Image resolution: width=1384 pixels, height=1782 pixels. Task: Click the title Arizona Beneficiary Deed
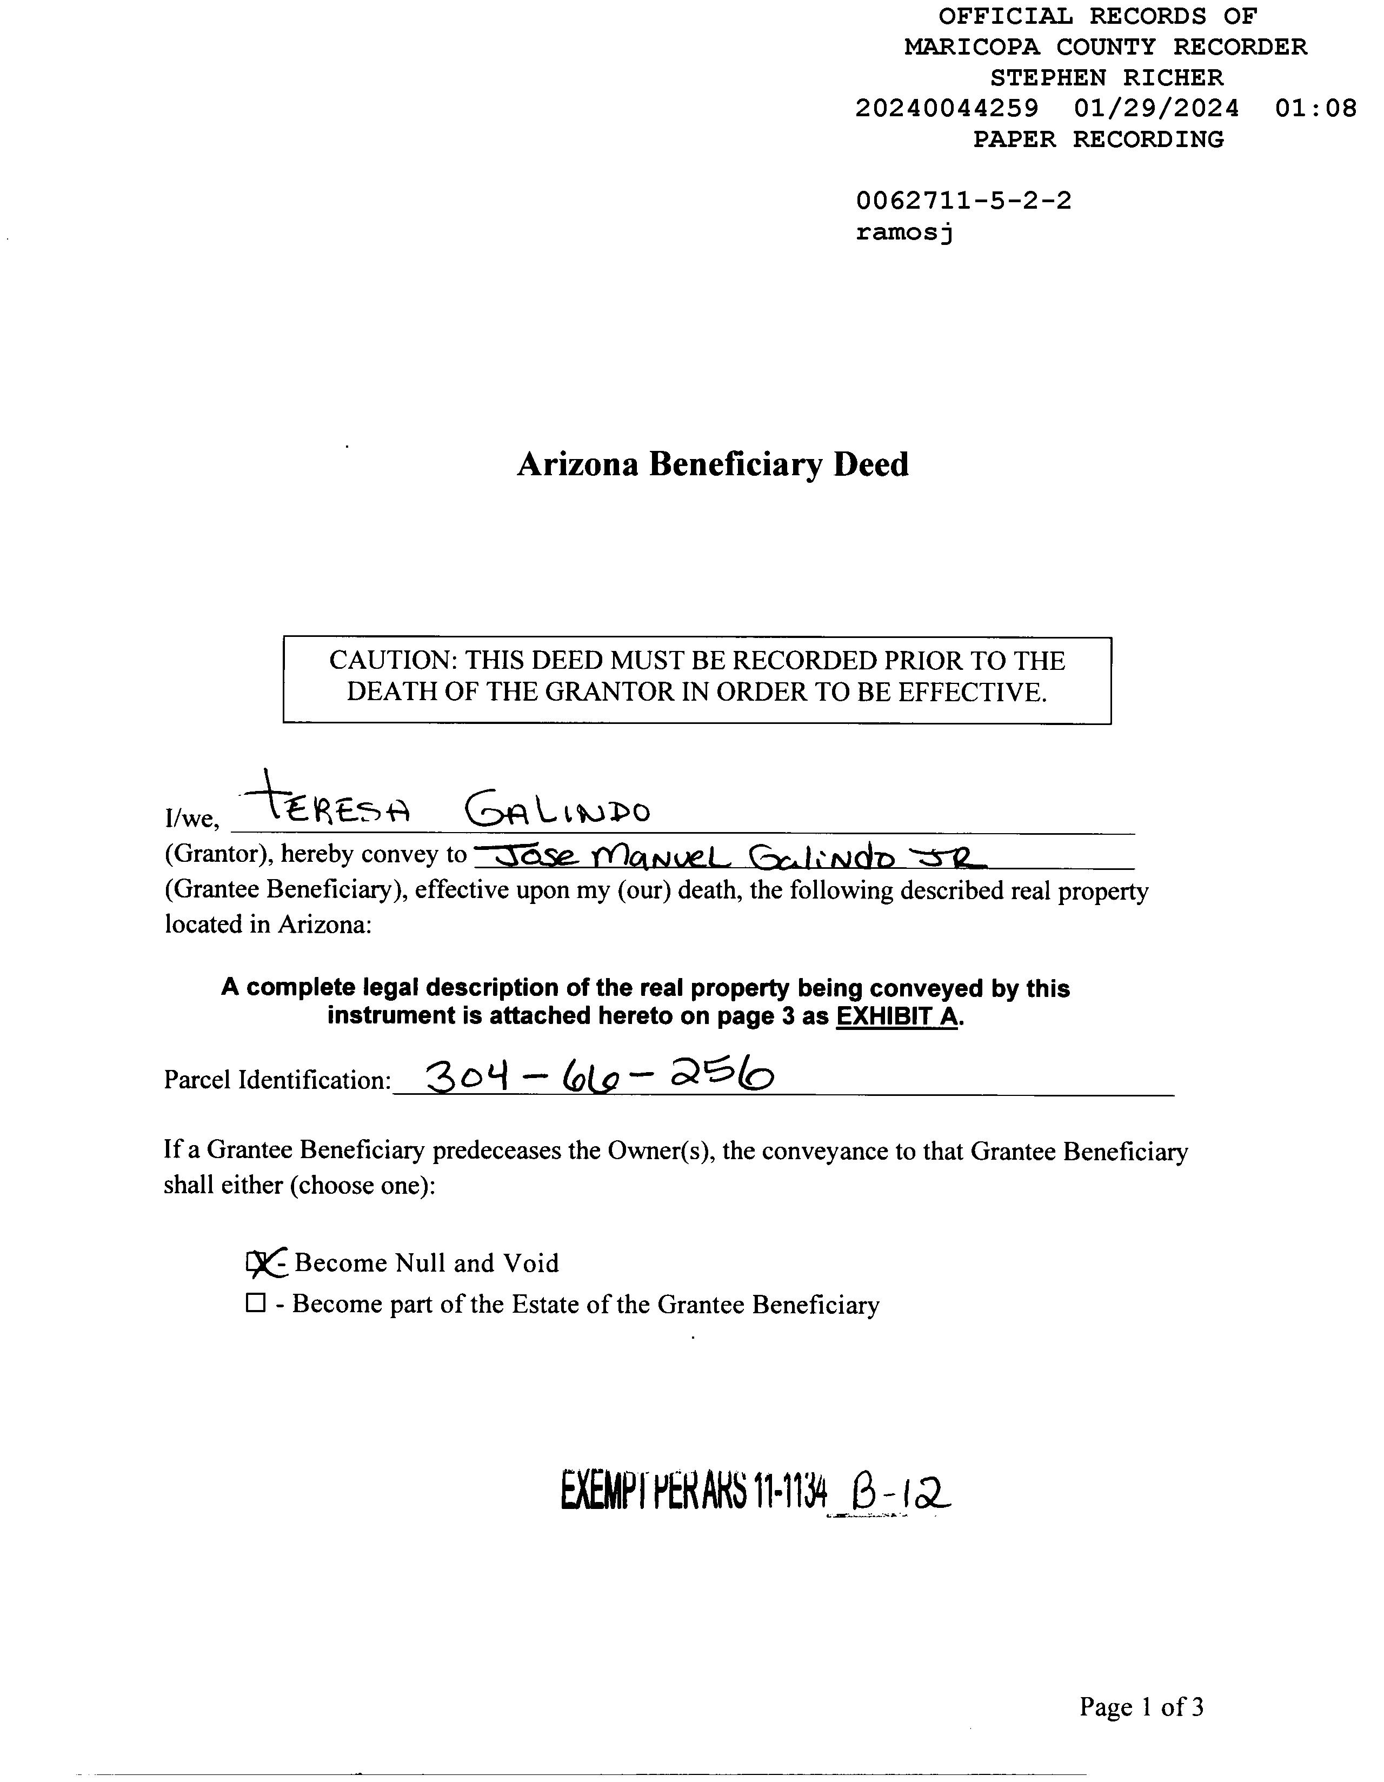(713, 464)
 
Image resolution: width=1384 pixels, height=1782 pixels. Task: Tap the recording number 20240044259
(947, 109)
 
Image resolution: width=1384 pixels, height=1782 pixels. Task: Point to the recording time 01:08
(1315, 109)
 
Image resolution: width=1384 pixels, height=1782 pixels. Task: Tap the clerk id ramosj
(904, 232)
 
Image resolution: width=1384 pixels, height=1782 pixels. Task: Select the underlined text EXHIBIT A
(896, 1016)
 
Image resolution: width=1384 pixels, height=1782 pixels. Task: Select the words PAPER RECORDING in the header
(1099, 139)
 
